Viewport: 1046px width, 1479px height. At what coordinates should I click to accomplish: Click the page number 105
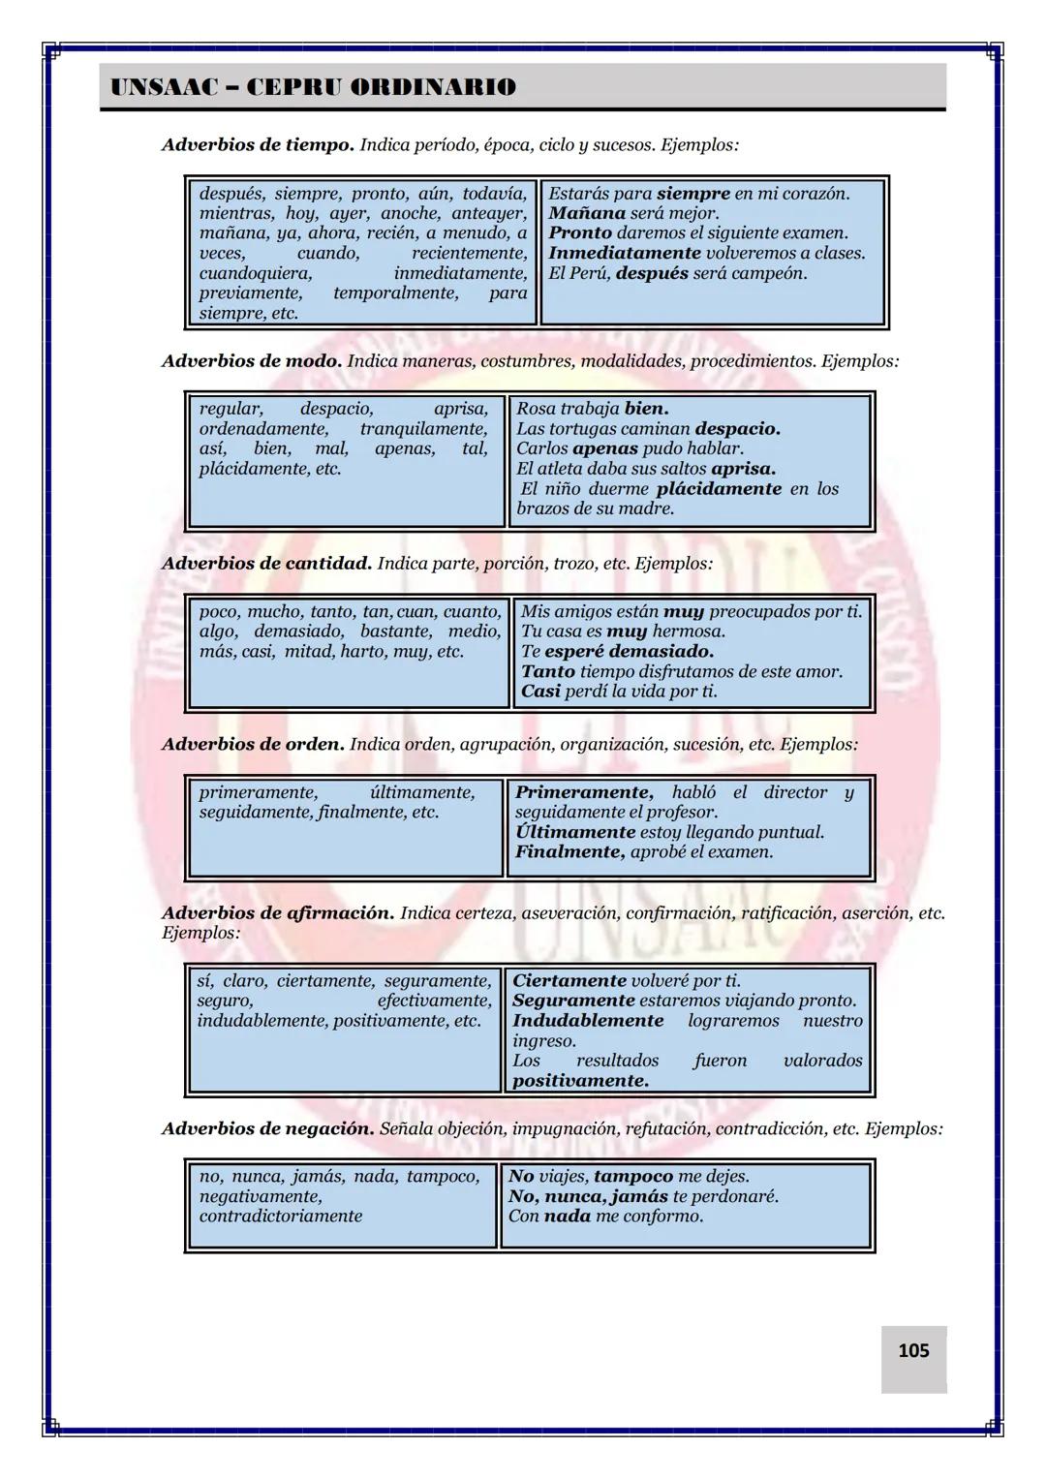point(913,1350)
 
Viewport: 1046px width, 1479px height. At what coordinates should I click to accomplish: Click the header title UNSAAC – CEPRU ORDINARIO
point(313,87)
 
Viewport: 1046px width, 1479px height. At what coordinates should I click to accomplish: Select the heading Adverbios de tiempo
point(258,145)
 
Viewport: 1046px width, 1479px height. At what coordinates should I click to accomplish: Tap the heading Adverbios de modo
point(252,361)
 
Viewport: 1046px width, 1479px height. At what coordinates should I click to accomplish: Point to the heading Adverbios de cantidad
point(266,563)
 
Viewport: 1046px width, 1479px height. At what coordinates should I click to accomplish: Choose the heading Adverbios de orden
point(253,745)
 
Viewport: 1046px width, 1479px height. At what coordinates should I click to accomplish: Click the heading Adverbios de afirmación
point(278,913)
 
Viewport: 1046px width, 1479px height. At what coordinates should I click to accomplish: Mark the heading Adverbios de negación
point(268,1128)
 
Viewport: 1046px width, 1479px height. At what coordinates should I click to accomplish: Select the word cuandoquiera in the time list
point(256,273)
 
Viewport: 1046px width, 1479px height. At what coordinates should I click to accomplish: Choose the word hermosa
point(689,632)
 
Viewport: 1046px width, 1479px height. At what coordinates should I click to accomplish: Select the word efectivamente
point(434,1001)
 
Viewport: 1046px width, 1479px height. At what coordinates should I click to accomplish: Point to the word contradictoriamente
point(280,1217)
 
